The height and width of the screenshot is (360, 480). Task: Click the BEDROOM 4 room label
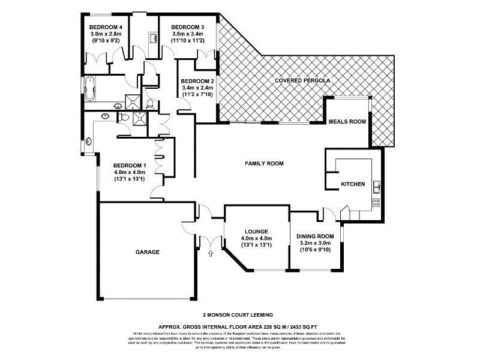[106, 28]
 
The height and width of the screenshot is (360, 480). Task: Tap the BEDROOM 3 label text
[188, 28]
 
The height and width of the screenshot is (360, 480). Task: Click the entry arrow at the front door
[210, 254]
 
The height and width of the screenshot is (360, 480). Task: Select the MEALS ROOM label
[347, 122]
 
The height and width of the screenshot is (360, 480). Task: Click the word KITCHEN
[353, 184]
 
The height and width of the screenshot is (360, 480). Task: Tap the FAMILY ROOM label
[264, 163]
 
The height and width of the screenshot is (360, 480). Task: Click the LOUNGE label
[256, 231]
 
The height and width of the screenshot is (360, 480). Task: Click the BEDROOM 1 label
[130, 166]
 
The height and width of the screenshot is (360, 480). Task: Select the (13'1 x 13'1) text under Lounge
[256, 245]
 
